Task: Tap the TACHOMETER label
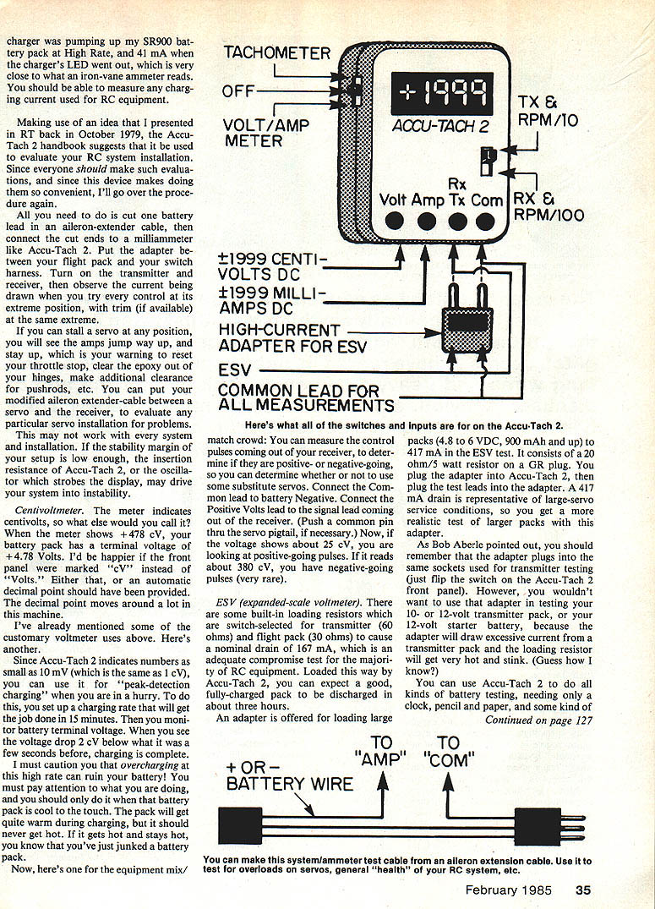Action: (x=277, y=53)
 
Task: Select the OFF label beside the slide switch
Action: (x=241, y=90)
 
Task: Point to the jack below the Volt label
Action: (x=393, y=222)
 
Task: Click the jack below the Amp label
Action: (x=427, y=222)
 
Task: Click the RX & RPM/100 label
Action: (x=549, y=207)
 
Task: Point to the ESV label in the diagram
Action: (x=236, y=370)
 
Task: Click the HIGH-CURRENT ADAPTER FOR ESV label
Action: (x=279, y=337)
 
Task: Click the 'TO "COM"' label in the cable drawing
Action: (x=448, y=751)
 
